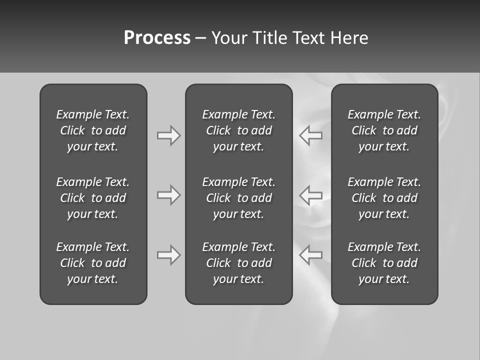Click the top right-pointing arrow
point(168,135)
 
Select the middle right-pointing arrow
point(168,195)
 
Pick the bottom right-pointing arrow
point(168,255)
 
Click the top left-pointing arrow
point(311,135)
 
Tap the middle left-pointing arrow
point(311,195)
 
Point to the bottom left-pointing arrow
point(311,255)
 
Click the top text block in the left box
point(93,130)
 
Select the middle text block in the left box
point(93,198)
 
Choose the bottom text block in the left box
point(93,263)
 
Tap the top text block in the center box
point(239,130)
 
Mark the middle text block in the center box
point(239,198)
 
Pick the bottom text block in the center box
point(239,263)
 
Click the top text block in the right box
point(384,130)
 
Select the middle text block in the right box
point(384,198)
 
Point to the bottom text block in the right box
point(384,263)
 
